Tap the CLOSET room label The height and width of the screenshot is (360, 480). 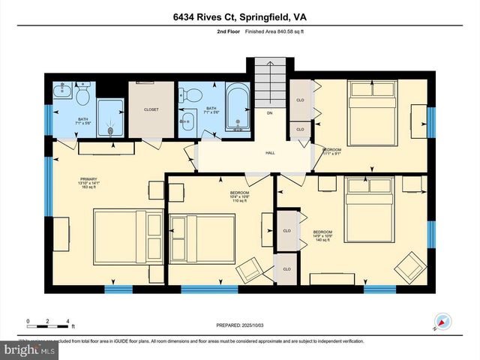(x=151, y=109)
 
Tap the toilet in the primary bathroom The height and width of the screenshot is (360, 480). (x=82, y=95)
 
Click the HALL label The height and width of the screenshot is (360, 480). (x=270, y=153)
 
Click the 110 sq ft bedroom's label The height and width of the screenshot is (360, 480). (x=239, y=197)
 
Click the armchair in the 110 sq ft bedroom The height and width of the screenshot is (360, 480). (x=250, y=269)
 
